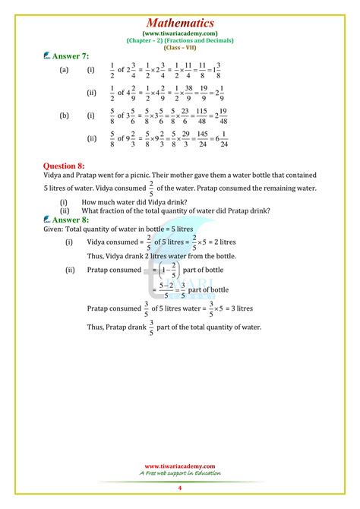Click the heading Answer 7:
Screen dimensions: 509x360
(x=73, y=55)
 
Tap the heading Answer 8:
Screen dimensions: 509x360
(x=73, y=220)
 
